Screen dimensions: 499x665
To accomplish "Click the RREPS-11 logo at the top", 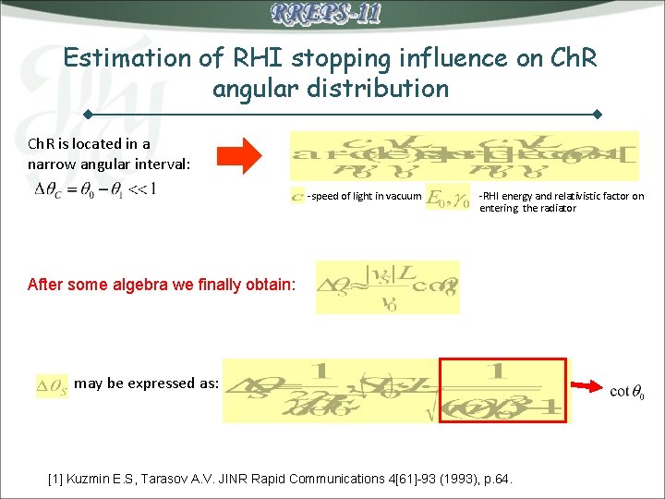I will pyautogui.click(x=326, y=14).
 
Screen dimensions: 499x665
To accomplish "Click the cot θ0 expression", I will pyautogui.click(x=627, y=392).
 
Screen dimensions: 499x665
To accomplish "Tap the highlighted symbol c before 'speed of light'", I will pyautogui.click(x=296, y=196).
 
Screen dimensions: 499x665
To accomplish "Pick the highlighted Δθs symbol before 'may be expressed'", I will pyautogui.click(x=52, y=383).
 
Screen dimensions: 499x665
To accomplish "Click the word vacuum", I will pyautogui.click(x=402, y=196).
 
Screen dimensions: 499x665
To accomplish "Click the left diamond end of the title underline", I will pyautogui.click(x=85, y=114).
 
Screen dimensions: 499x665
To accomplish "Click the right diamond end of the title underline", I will pyautogui.click(x=598, y=114).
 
